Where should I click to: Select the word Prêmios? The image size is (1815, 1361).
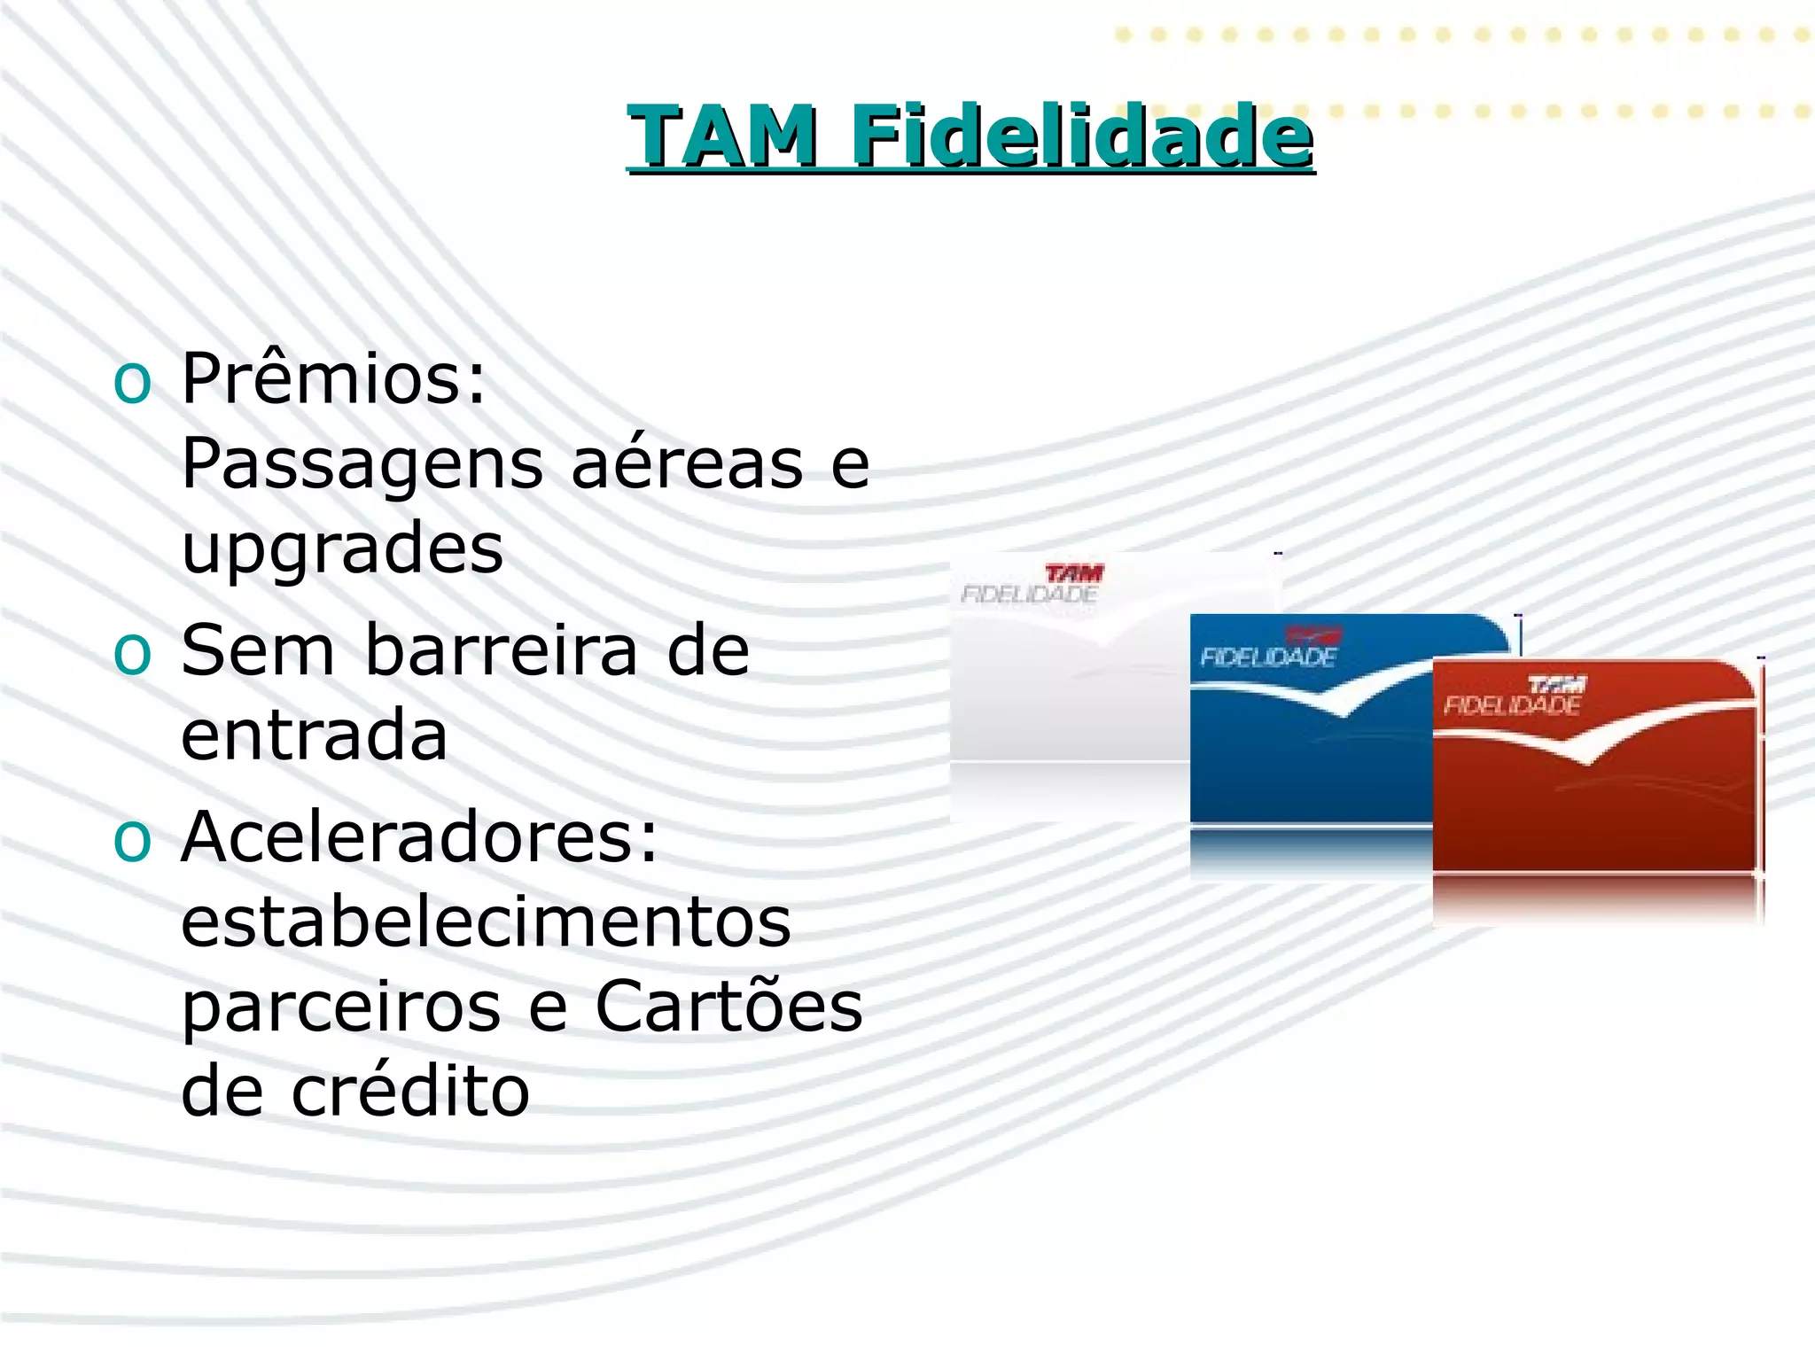click(333, 378)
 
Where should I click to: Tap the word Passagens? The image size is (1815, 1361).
click(362, 465)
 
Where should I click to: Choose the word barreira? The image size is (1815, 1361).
click(501, 649)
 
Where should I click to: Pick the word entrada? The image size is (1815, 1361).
click(314, 735)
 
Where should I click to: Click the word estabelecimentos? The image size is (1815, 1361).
click(486, 922)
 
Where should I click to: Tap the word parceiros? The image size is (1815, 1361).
click(341, 1008)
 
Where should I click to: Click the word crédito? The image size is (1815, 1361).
click(410, 1091)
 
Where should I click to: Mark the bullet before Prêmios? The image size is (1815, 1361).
click(133, 383)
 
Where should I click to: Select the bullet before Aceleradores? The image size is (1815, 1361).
click(133, 840)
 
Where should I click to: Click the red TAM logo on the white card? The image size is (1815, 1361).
click(1074, 573)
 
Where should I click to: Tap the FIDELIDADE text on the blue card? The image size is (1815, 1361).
click(1268, 657)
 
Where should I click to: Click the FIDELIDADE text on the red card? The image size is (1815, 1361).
click(1512, 705)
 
